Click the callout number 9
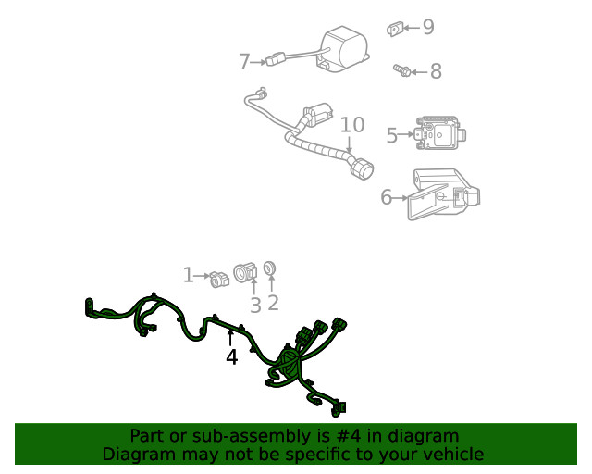[427, 27]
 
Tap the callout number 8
[435, 71]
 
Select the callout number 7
[244, 61]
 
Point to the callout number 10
[351, 124]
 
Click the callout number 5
[391, 135]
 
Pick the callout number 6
[387, 196]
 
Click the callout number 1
[188, 275]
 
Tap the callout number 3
[255, 304]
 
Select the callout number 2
[273, 302]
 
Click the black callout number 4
[231, 356]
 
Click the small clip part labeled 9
[394, 29]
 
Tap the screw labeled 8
[401, 70]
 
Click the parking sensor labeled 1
[219, 277]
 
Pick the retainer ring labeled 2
[270, 269]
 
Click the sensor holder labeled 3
[246, 273]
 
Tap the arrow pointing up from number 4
[230, 335]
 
